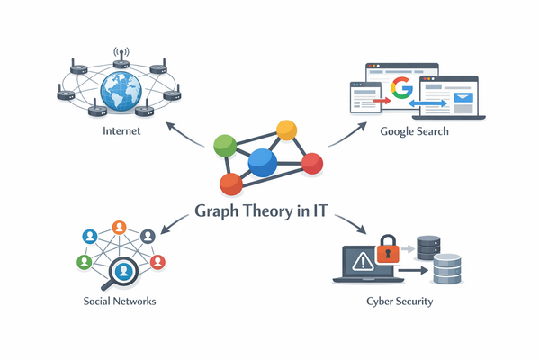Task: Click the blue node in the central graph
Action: coord(261,162)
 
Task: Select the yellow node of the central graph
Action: coord(286,130)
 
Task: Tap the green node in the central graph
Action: coord(225,146)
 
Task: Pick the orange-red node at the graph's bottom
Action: coord(231,184)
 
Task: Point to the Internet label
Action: coord(121,133)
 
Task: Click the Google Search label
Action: coord(414,132)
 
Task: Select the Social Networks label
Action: coord(120,301)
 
